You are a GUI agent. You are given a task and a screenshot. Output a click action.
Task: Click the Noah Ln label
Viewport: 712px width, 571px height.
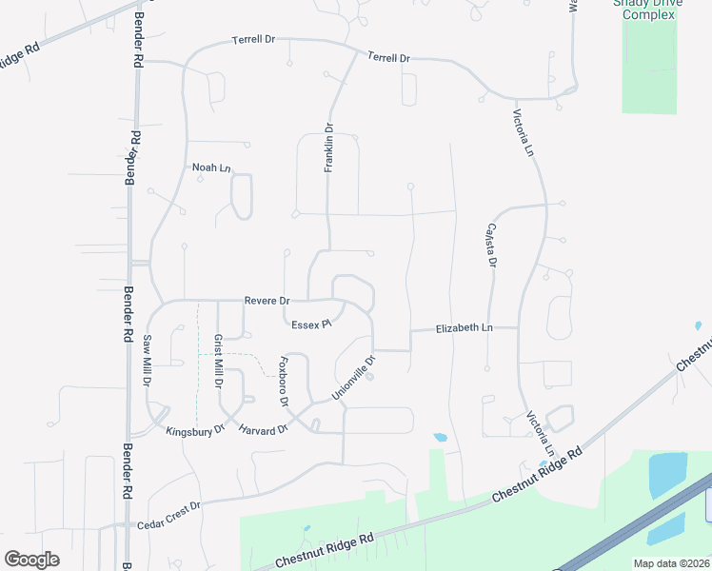point(211,167)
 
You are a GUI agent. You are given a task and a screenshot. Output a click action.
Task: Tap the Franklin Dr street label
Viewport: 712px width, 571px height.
point(328,148)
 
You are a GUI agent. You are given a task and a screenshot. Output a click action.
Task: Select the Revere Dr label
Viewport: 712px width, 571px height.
point(267,301)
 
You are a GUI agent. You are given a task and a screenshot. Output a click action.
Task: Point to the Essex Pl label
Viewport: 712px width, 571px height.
point(310,325)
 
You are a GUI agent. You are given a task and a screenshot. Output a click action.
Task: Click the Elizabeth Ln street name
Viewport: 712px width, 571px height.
point(465,327)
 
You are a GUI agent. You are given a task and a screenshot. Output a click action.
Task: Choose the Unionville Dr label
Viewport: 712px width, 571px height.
point(354,378)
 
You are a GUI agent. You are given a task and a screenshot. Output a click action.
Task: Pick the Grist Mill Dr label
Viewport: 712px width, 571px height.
point(218,362)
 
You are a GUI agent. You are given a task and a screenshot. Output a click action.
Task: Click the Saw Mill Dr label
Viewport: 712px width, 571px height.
point(148,360)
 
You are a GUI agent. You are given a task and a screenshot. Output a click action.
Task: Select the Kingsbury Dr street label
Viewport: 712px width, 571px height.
point(194,431)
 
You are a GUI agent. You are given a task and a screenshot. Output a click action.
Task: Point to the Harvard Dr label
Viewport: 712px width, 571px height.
point(264,430)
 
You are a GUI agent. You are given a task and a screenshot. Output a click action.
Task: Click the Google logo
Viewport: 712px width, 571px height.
point(31,559)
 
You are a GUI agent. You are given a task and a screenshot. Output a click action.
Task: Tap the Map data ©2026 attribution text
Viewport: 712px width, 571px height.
point(671,563)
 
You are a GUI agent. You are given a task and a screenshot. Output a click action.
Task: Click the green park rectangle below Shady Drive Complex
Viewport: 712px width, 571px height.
point(648,67)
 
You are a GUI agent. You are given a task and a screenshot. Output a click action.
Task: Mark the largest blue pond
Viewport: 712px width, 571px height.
point(667,475)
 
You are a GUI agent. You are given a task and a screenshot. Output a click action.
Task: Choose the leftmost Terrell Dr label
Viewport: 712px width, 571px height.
point(253,41)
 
